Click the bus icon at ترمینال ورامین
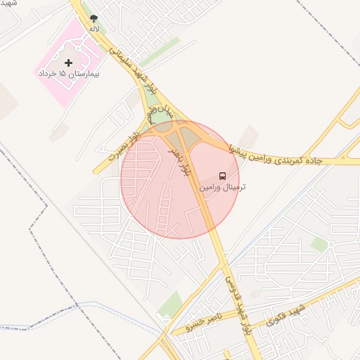(x=222, y=175)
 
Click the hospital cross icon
(x=67, y=63)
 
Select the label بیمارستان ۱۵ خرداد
(x=67, y=73)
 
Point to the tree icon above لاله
(x=94, y=19)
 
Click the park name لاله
(x=94, y=30)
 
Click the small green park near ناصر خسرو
(x=170, y=304)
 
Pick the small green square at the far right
(x=320, y=245)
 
